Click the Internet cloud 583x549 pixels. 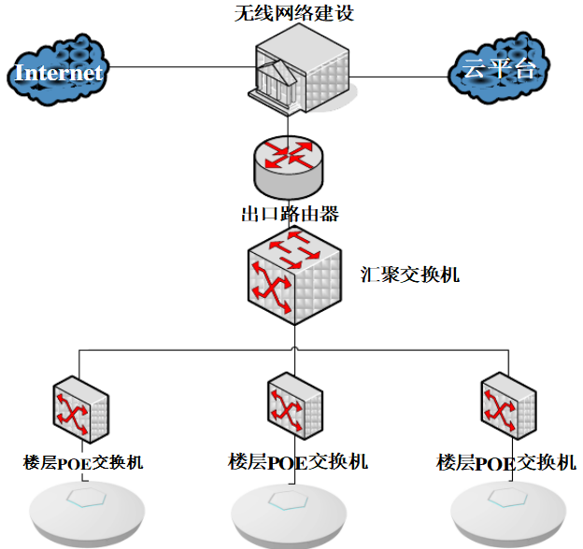tap(59, 72)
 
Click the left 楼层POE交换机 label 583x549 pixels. tap(83, 462)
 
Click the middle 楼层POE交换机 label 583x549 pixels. tap(298, 461)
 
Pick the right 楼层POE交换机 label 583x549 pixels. tap(505, 462)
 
